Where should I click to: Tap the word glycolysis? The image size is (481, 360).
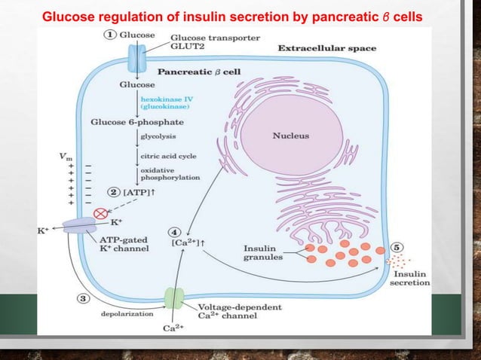pos(155,136)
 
